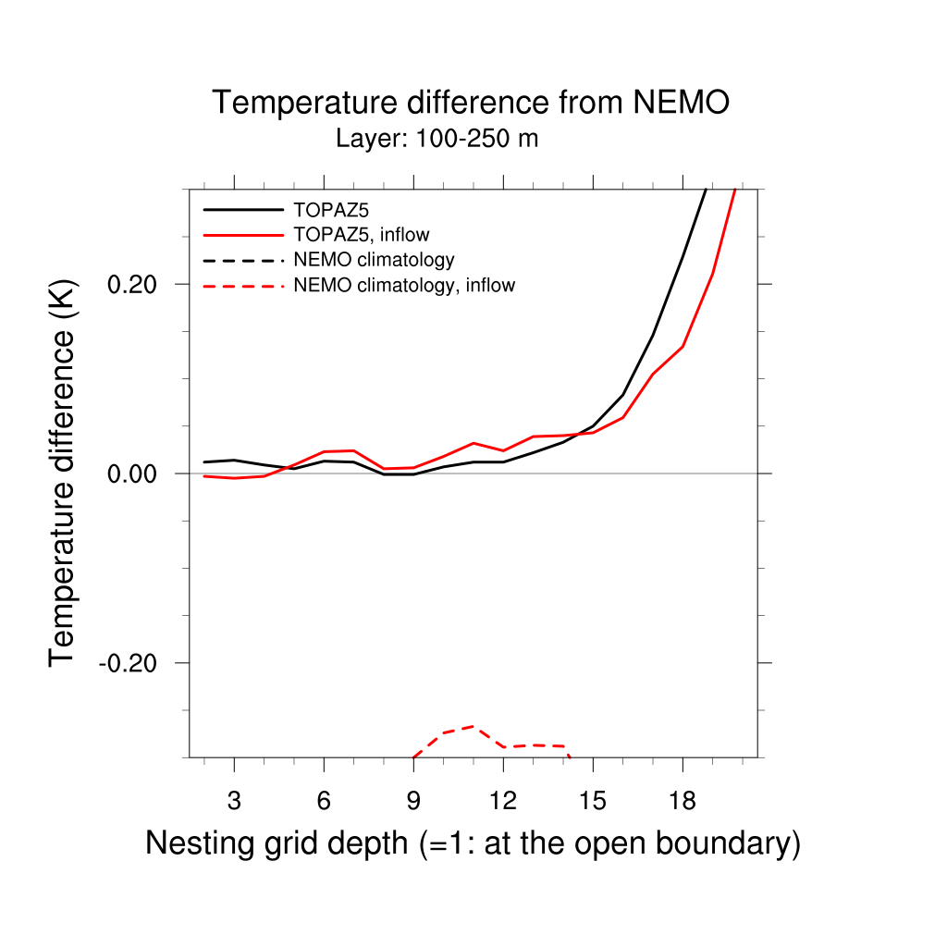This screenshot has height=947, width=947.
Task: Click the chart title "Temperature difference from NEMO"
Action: click(x=471, y=103)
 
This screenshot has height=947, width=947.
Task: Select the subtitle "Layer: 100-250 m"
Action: click(x=437, y=140)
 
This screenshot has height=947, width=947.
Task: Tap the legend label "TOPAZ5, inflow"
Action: click(x=361, y=235)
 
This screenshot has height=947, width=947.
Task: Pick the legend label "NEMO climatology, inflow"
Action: click(x=403, y=286)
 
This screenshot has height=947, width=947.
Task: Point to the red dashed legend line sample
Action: click(x=243, y=286)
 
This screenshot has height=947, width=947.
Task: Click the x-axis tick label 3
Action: click(x=234, y=801)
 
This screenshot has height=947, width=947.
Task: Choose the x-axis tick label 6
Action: click(x=324, y=801)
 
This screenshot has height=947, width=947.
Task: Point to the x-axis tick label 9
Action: click(x=413, y=801)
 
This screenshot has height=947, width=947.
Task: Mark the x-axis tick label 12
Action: click(x=503, y=801)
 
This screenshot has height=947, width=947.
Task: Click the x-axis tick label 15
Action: click(x=593, y=801)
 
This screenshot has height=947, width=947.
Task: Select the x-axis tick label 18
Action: click(x=683, y=801)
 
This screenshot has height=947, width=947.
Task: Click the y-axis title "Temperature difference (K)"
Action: click(x=62, y=473)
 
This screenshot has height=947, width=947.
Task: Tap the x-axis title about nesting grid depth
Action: click(x=473, y=843)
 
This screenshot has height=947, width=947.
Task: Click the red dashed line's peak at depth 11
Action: click(x=473, y=726)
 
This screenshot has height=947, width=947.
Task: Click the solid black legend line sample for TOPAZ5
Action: click(x=243, y=210)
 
